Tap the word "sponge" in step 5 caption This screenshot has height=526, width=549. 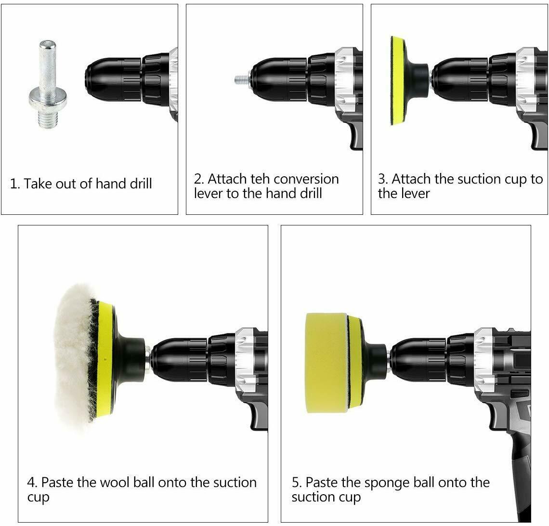click(x=389, y=483)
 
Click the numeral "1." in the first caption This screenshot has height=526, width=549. click(x=15, y=184)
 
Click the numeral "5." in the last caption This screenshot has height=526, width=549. click(x=297, y=483)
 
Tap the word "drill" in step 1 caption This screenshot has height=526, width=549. click(x=137, y=184)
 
